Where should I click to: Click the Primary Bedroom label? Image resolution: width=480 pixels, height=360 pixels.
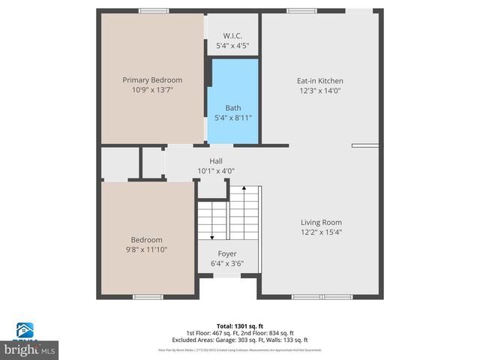coord(152,79)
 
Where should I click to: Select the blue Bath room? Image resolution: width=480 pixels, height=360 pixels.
coord(233,101)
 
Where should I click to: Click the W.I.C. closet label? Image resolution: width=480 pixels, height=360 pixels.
coord(233,36)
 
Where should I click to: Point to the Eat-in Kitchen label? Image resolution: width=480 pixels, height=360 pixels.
coord(320,80)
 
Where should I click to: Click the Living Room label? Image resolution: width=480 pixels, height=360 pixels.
coord(321,222)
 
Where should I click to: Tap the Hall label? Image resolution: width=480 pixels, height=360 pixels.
coord(216,160)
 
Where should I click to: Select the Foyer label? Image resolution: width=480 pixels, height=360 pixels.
coord(227,253)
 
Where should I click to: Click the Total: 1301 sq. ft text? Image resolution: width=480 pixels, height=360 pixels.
coord(239,325)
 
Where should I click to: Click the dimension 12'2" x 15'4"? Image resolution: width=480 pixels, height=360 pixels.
coord(321,232)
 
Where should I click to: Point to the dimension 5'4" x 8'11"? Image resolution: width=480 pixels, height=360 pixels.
coord(233,118)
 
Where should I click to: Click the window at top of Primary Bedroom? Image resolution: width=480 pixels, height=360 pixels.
coord(153,10)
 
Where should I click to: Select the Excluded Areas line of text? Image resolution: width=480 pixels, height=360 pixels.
coord(239,339)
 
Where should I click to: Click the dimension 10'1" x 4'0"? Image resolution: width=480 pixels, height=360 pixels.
coord(216,171)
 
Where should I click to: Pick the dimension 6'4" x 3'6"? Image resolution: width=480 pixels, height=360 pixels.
coord(227,264)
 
